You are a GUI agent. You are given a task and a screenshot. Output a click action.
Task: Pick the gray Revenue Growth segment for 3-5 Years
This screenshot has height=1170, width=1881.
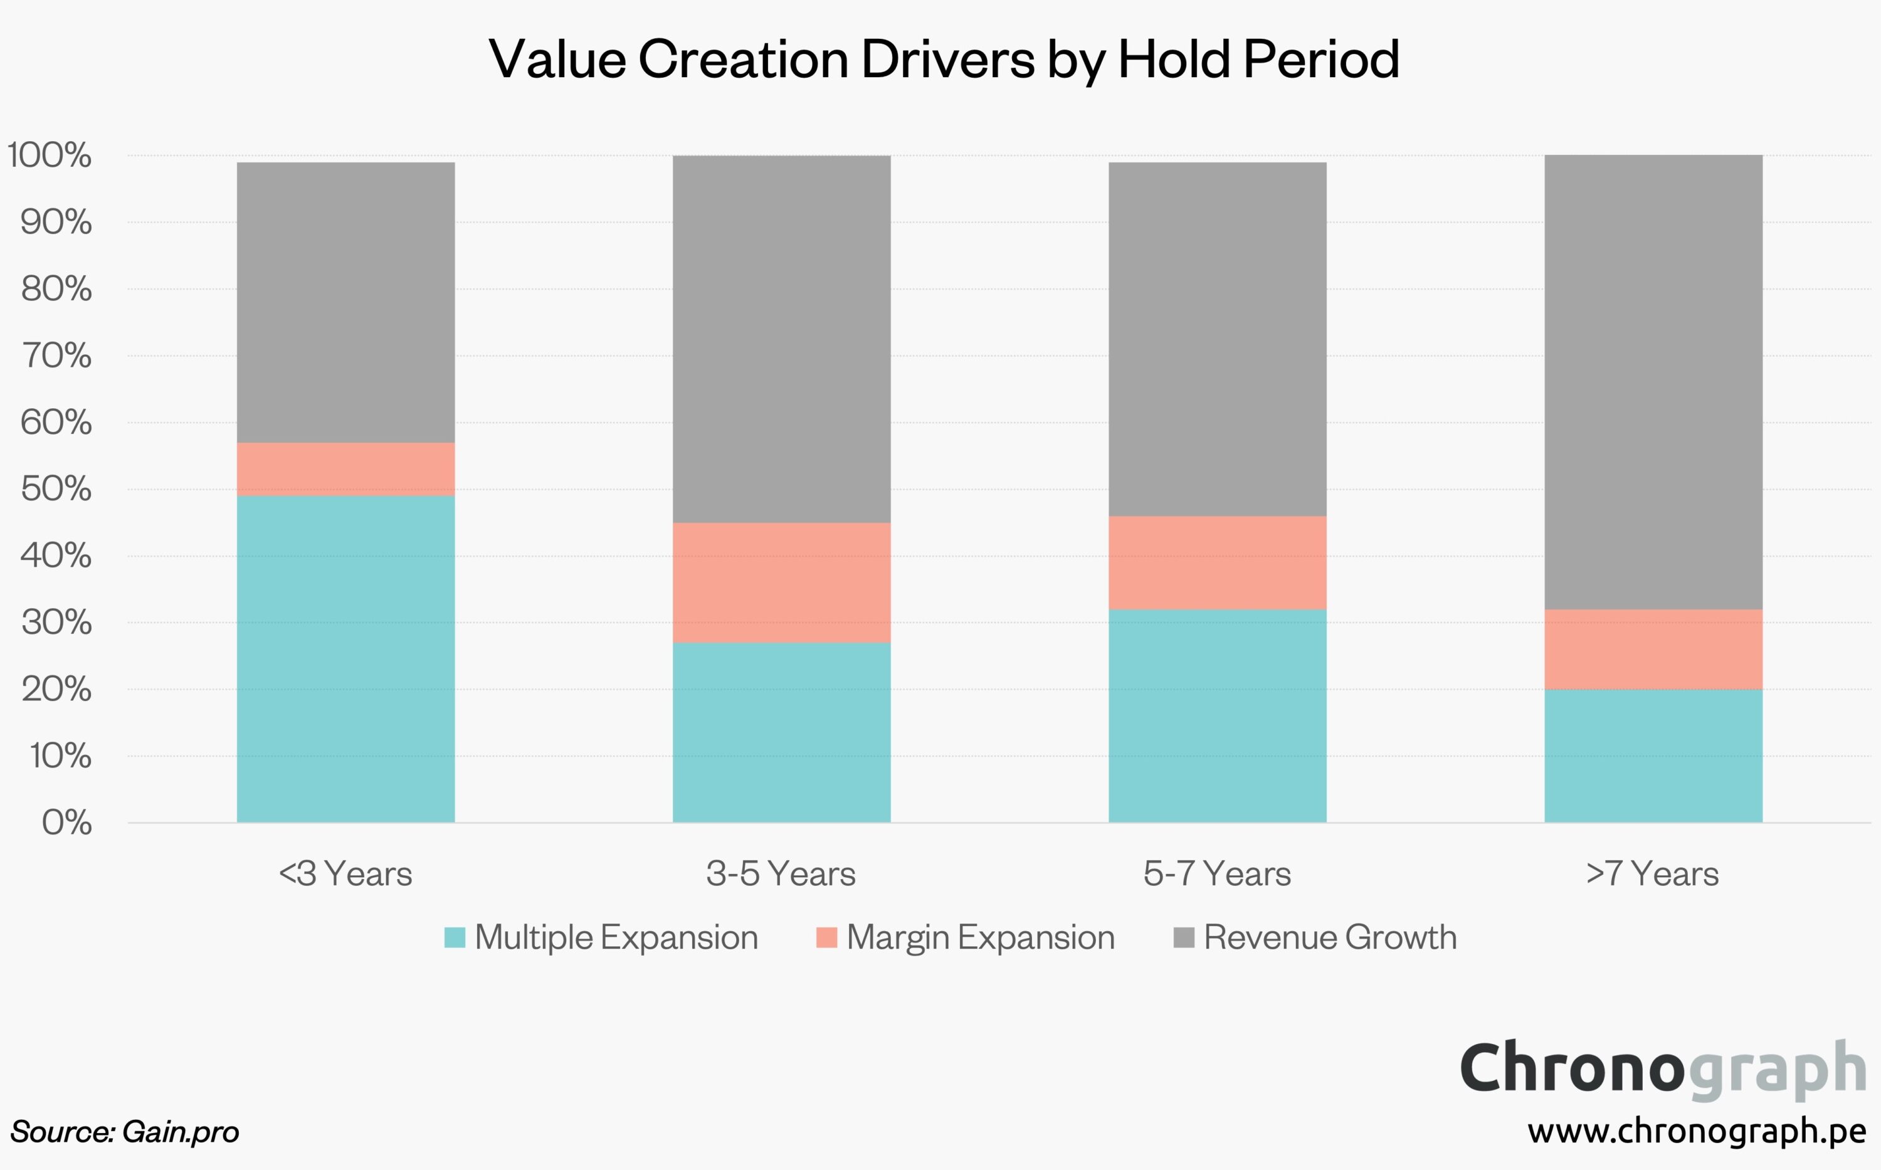tap(781, 339)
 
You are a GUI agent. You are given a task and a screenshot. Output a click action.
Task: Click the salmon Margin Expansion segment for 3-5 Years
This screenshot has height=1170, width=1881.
tap(781, 582)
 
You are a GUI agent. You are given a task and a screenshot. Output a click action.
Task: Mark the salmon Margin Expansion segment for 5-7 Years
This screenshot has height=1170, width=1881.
tap(1216, 562)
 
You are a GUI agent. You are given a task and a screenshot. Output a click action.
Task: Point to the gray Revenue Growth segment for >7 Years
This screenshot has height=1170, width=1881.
tap(1653, 382)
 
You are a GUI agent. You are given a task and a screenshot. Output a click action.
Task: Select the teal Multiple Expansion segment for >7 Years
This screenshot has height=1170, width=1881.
tap(1653, 756)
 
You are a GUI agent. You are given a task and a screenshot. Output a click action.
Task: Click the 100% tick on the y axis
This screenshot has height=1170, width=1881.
tap(50, 155)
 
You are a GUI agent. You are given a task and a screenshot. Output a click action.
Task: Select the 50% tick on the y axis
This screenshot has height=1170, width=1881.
tap(56, 489)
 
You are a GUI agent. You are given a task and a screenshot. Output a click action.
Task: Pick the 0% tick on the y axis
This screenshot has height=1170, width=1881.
tap(66, 823)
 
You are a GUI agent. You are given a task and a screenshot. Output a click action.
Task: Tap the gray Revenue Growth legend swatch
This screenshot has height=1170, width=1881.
tap(1183, 938)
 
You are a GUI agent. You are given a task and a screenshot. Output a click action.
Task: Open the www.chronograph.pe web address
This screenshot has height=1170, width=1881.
tap(1697, 1131)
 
